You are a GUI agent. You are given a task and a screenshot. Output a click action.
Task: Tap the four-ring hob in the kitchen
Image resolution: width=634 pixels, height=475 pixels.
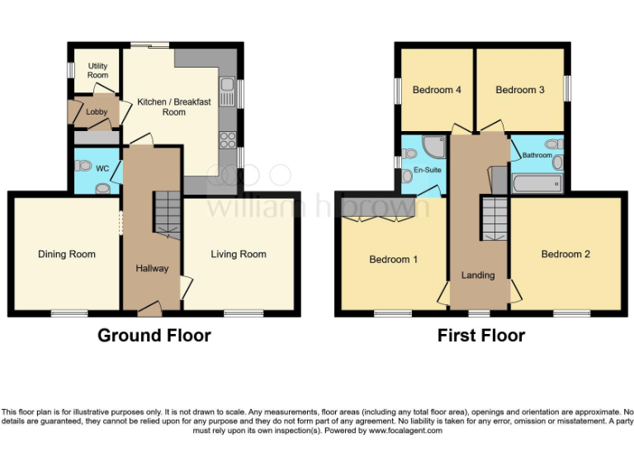[227, 139]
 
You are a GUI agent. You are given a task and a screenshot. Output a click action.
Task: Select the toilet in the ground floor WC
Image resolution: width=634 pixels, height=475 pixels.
[83, 166]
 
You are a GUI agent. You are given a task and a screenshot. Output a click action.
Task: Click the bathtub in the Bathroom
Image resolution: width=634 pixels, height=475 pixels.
[537, 183]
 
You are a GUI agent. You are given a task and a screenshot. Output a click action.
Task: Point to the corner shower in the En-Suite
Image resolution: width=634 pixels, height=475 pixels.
[431, 147]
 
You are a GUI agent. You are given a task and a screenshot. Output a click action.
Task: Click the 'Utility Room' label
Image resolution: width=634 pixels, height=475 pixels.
[97, 69]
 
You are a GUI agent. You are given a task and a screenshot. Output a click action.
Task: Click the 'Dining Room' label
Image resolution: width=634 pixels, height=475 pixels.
[67, 254]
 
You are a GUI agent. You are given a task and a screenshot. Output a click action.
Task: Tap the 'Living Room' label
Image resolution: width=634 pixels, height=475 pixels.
[238, 254]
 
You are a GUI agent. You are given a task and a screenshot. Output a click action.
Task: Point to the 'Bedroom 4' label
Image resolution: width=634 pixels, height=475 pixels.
[437, 90]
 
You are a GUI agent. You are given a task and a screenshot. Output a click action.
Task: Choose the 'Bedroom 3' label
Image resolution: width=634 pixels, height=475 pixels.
[519, 90]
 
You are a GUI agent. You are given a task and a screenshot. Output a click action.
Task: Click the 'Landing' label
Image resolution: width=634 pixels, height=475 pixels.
[478, 275]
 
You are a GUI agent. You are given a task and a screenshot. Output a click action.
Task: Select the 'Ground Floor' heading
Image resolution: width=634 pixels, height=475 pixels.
[154, 336]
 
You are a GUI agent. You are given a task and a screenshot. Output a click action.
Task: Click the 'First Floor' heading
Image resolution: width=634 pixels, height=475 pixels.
[481, 336]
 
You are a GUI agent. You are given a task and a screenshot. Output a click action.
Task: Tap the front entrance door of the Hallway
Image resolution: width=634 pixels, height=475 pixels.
[150, 308]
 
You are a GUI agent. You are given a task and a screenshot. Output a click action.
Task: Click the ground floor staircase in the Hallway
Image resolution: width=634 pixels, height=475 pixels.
[168, 213]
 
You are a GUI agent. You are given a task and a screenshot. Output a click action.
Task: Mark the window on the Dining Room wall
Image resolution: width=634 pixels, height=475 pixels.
[69, 313]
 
